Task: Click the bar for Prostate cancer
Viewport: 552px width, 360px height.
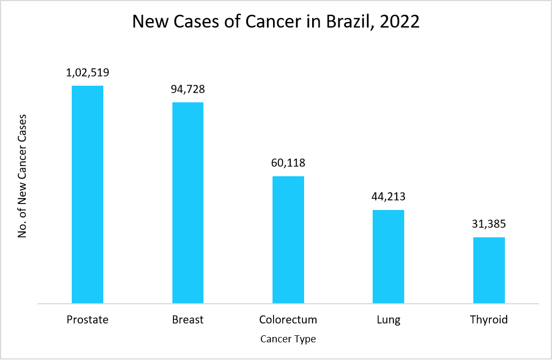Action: pos(87,194)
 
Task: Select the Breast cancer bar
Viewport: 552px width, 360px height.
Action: pos(187,203)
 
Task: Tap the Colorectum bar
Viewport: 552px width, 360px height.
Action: pos(288,240)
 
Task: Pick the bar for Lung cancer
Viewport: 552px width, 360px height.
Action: pos(388,257)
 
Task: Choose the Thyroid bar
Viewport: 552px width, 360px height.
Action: pos(489,271)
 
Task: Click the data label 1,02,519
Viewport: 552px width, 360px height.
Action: pos(87,72)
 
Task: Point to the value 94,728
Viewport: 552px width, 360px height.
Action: pos(187,89)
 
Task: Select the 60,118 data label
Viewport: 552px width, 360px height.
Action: pos(288,163)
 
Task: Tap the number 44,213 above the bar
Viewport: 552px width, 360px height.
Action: pos(388,197)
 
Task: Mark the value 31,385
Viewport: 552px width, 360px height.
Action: pos(489,224)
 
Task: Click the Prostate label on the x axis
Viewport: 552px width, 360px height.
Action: pos(87,320)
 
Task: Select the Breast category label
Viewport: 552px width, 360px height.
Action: pos(187,320)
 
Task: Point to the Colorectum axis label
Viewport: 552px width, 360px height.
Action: pos(288,320)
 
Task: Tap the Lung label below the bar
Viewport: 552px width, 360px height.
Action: pos(388,320)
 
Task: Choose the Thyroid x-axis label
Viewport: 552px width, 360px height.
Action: pos(489,320)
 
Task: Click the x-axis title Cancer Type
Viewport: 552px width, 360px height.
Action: pos(288,339)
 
